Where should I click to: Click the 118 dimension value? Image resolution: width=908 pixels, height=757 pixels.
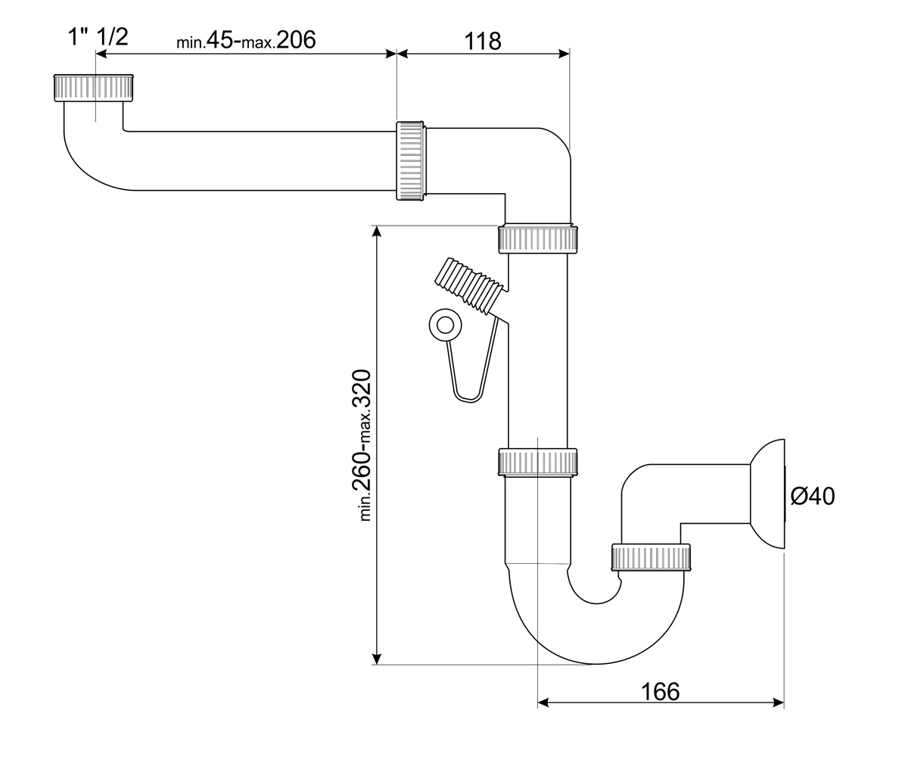pos(483,42)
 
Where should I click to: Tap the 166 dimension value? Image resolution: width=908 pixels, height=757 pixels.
pos(660,691)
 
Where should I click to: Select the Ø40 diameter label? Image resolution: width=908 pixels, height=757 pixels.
pos(813,496)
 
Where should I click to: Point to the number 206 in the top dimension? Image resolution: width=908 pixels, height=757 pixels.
pos(296,40)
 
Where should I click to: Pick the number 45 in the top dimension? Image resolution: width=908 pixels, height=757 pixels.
pos(219,40)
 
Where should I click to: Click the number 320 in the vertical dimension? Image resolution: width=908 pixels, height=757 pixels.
pos(362,389)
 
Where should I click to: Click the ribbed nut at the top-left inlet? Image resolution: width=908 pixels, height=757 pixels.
pos(94,88)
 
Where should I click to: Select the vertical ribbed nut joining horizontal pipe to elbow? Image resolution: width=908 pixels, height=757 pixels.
pos(411,161)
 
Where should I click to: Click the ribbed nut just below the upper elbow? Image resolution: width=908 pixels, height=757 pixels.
pos(538,239)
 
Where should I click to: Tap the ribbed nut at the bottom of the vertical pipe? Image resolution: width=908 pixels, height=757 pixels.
pos(538,463)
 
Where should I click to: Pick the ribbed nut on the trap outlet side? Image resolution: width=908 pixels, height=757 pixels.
pos(651,557)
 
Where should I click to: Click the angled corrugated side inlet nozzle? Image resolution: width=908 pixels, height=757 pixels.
pos(470,285)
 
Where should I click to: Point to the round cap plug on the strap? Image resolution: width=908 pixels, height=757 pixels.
pos(445,325)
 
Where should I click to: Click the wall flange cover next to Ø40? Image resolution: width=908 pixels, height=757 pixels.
pos(767,494)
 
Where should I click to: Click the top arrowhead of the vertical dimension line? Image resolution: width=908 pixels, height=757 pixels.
pos(377,232)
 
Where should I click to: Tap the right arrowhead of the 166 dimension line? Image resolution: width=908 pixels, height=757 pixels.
pos(778,702)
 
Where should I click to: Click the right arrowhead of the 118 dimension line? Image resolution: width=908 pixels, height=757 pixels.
pos(564,54)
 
